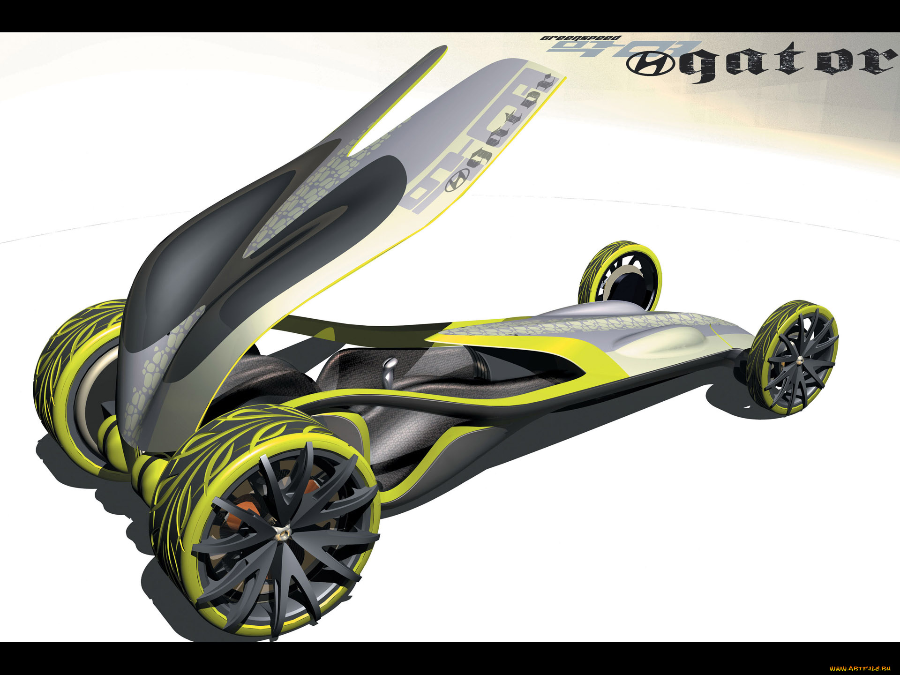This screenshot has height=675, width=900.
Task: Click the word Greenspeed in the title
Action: pyautogui.click(x=580, y=38)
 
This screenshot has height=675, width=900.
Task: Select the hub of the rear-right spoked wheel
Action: pyautogui.click(x=795, y=360)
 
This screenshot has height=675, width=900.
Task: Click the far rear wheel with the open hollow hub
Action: pyautogui.click(x=621, y=277)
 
